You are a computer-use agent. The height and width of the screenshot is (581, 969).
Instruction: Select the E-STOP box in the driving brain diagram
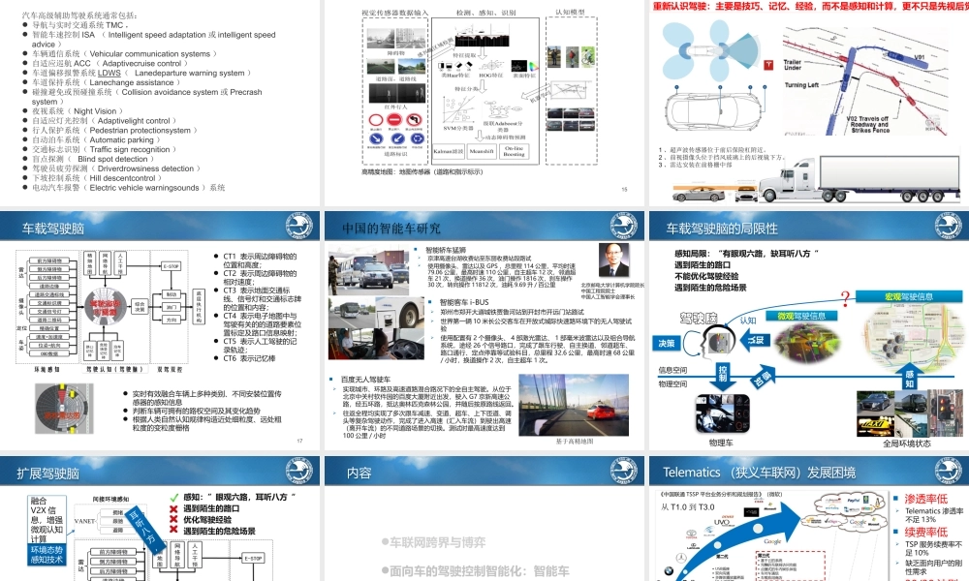click(170, 265)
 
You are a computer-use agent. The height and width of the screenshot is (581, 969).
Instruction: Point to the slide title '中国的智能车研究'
click(391, 229)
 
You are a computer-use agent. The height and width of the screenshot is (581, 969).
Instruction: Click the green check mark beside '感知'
click(175, 497)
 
